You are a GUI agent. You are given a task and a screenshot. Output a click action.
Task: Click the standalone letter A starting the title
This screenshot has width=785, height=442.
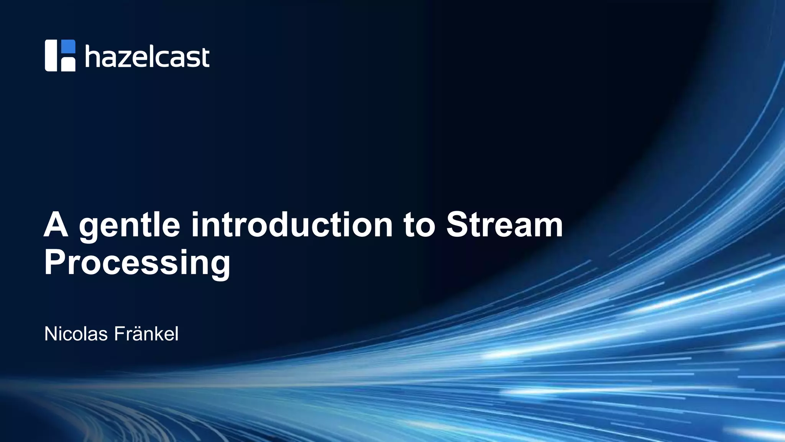click(56, 226)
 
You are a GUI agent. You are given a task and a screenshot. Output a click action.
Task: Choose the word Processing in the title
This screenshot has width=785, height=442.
click(137, 263)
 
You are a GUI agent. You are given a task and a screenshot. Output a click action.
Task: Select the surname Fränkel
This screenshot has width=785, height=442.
click(146, 334)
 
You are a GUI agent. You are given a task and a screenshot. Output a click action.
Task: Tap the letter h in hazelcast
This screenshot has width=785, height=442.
click(92, 56)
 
